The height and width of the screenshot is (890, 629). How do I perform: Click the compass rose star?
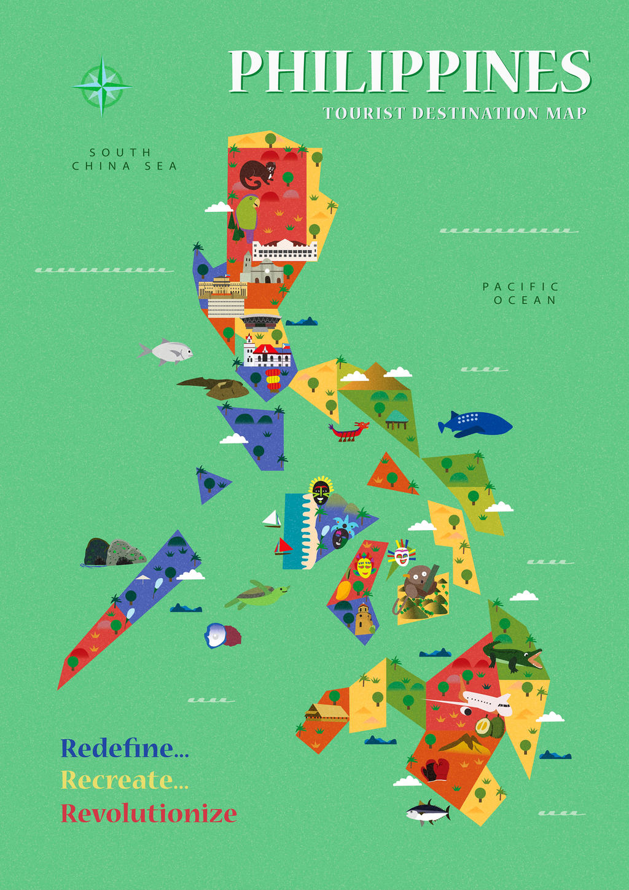(102, 86)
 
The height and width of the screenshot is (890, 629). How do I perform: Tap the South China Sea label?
(124, 159)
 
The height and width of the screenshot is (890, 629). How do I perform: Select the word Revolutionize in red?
(149, 813)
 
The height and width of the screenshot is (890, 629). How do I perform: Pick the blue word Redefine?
(125, 748)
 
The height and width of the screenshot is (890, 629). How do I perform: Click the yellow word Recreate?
(125, 780)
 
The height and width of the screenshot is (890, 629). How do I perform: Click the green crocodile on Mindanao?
(512, 656)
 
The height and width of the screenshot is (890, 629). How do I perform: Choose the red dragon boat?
(350, 432)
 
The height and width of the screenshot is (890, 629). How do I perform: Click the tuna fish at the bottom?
(428, 813)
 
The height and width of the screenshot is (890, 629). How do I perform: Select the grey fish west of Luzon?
(168, 351)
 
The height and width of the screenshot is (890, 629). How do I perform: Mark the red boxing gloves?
(436, 769)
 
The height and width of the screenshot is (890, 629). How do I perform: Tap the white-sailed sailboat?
(272, 519)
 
